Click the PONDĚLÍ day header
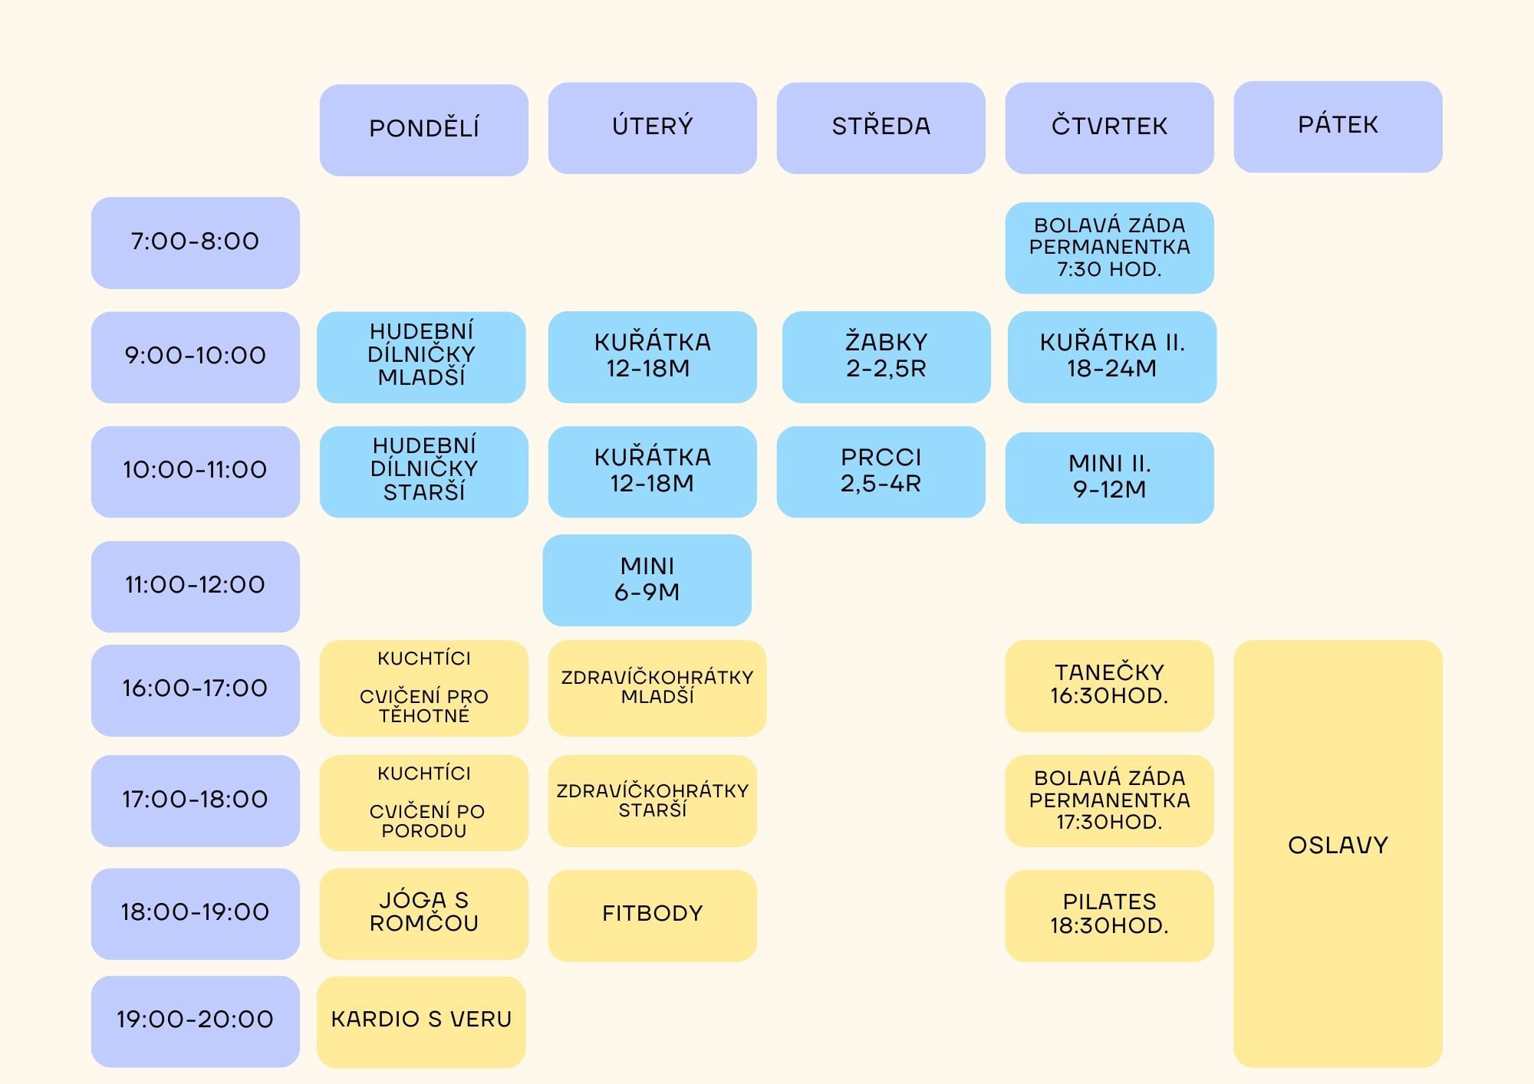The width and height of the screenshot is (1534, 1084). point(423,129)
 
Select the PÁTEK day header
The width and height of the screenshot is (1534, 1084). point(1338,126)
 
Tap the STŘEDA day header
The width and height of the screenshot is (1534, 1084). point(881,127)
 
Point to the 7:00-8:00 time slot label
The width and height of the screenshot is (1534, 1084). point(195,242)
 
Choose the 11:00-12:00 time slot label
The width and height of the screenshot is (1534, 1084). point(195,586)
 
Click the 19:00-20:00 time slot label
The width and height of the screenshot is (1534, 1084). point(195,1020)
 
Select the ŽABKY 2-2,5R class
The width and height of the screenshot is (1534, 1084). point(886,356)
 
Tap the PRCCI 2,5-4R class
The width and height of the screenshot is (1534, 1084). point(881,471)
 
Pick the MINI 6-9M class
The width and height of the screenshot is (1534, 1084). point(647,580)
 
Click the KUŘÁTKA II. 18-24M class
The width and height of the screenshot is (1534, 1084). point(1111,356)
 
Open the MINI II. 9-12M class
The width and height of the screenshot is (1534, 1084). point(1109,477)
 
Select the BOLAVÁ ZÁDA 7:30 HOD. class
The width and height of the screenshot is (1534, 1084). point(1109,248)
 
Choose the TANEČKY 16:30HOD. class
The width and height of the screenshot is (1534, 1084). point(1109,685)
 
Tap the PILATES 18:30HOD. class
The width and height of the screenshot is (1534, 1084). point(1109,915)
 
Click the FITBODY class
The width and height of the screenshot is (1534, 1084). point(652,915)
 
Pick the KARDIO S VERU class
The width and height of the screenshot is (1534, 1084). point(421,1020)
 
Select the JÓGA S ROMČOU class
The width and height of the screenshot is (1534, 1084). point(423,912)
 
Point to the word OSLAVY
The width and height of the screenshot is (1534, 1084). point(1338,846)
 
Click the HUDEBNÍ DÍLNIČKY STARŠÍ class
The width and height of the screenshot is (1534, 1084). point(423,471)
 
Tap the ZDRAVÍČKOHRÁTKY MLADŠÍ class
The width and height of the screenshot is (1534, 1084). point(657,688)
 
